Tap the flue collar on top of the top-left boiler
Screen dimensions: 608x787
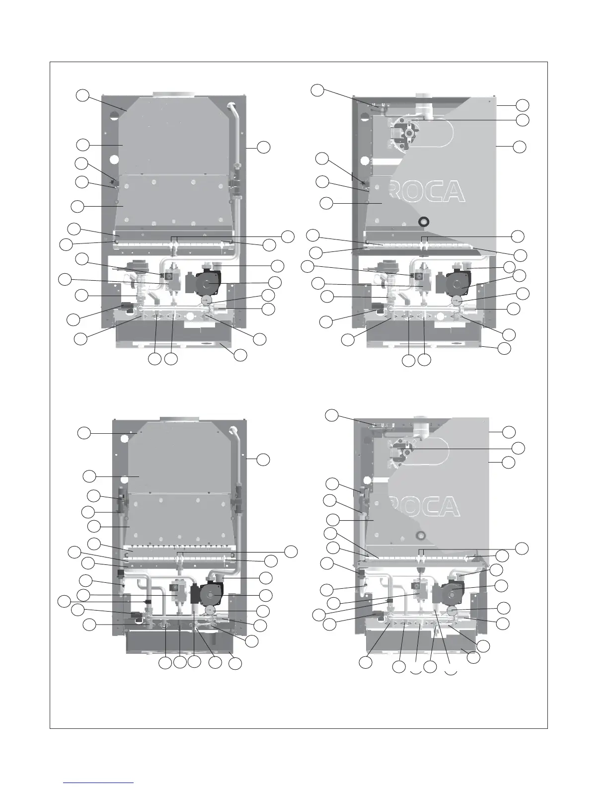coord(171,94)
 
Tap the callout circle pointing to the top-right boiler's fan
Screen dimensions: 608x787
coord(522,120)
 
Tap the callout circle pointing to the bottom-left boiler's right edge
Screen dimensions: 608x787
coord(263,460)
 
